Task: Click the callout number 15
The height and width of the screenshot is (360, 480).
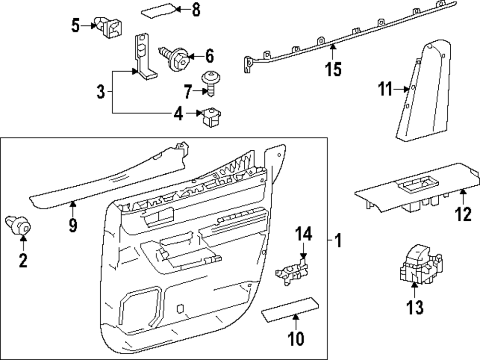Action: [333, 69]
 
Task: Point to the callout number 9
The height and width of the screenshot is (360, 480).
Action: [72, 225]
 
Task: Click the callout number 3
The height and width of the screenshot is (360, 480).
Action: [100, 91]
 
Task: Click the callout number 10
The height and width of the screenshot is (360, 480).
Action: [296, 338]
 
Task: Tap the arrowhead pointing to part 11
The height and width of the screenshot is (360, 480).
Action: [405, 89]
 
